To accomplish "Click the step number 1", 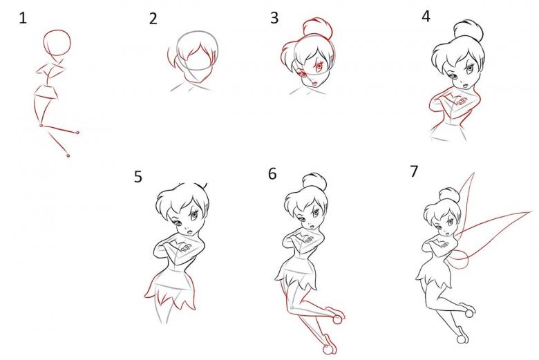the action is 23,18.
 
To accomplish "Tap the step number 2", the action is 153,19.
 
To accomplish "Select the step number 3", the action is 274,18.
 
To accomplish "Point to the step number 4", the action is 426,16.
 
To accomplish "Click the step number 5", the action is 138,177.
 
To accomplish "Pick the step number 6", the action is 272,174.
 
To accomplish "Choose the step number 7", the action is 414,171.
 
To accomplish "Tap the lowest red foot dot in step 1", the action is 68,155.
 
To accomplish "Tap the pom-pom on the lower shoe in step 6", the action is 329,350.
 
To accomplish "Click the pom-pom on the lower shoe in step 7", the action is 462,339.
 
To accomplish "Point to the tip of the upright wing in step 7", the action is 474,173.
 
